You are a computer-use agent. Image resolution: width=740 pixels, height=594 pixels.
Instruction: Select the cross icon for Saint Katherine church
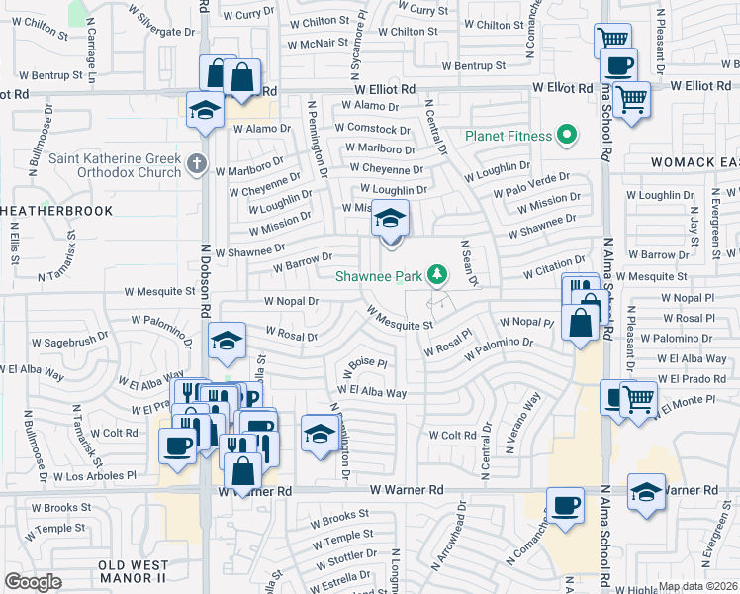(197, 164)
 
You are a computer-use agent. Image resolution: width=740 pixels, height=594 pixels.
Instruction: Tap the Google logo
(33, 582)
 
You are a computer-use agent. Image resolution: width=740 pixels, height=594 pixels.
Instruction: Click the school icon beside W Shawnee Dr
(391, 220)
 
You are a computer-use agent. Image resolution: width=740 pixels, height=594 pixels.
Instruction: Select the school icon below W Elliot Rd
(204, 110)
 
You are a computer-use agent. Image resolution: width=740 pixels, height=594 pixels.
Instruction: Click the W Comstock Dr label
(372, 129)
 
